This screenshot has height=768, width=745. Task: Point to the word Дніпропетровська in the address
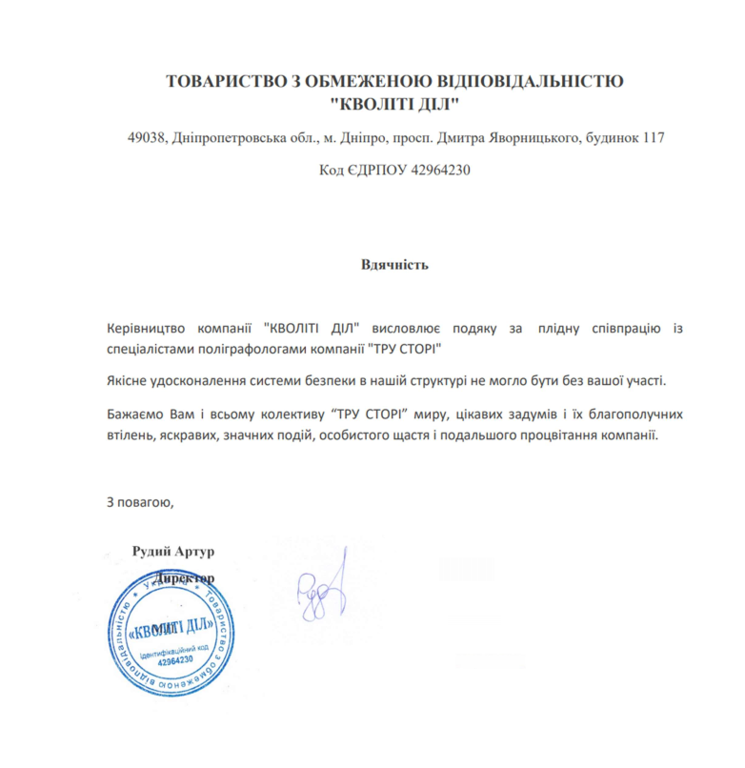tap(233, 138)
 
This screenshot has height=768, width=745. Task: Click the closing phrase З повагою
tap(139, 501)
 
